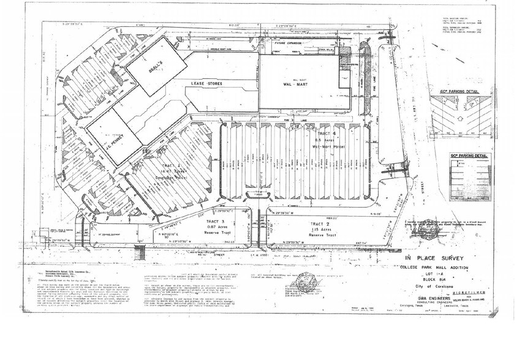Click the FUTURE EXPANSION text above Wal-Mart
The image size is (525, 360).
point(291,45)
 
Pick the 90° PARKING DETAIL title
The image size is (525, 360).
point(471,156)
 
